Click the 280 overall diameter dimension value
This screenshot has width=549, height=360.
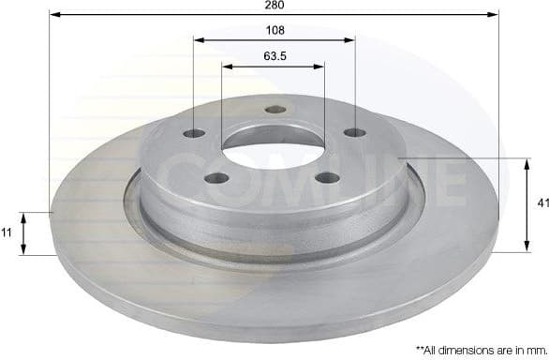[x=274, y=5]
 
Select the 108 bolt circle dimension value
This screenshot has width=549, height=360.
[x=274, y=30]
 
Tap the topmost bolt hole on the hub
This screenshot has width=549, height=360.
[x=274, y=110]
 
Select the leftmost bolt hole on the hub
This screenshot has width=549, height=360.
[x=195, y=133]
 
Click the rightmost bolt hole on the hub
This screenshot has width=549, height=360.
[x=354, y=132]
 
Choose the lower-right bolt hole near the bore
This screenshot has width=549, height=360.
[x=326, y=176]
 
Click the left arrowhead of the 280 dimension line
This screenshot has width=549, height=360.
[x=53, y=15]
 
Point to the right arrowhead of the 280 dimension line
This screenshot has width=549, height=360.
[x=496, y=15]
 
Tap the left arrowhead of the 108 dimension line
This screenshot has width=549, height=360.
[x=198, y=40]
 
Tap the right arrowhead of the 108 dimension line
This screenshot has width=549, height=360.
[x=351, y=40]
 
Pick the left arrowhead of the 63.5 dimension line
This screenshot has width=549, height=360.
[x=227, y=66]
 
